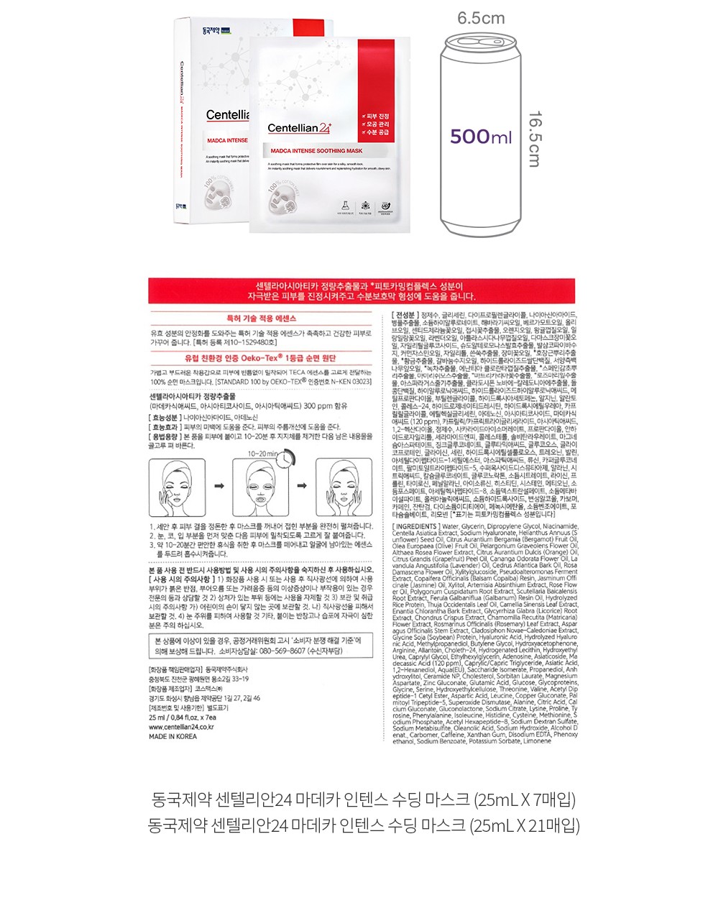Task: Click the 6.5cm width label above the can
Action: click(481, 18)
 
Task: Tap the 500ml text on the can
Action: click(481, 137)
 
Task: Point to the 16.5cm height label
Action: click(535, 139)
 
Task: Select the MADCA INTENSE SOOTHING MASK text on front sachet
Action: click(316, 152)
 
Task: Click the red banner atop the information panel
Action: click(362, 290)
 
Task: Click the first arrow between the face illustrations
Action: click(219, 487)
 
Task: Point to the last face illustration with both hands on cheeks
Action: click(344, 487)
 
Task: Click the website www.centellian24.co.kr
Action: click(181, 727)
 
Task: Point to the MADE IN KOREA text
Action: click(173, 736)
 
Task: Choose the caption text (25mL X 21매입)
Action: click(524, 825)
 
